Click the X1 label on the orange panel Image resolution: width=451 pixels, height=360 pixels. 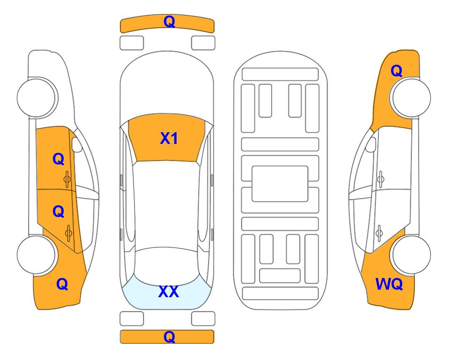point(169,138)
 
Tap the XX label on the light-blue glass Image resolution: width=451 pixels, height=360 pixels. point(169,292)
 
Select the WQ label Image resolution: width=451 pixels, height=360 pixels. point(389,284)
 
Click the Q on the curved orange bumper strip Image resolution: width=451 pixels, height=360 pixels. point(169,22)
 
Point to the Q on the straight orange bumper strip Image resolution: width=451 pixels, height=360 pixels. point(169,337)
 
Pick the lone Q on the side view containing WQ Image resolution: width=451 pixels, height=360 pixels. point(396,71)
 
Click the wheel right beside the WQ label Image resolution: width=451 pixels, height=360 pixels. point(411,255)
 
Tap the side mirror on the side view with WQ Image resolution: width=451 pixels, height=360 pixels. point(370,144)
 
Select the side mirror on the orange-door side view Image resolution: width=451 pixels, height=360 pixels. point(77,145)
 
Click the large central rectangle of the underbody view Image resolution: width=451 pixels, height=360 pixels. point(280,184)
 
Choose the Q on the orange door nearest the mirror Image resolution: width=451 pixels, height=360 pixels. point(59,159)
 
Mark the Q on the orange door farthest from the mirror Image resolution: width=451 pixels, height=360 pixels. point(59,212)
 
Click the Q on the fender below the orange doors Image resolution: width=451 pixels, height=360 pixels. point(62,284)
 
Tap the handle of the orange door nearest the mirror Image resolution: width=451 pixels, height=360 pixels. point(67,179)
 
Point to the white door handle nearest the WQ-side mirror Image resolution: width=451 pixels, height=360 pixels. point(381,179)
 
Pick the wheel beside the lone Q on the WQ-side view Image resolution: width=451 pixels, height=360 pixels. point(411,98)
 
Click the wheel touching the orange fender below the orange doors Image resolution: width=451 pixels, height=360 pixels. point(36,255)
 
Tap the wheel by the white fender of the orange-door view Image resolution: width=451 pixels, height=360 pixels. point(36,98)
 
